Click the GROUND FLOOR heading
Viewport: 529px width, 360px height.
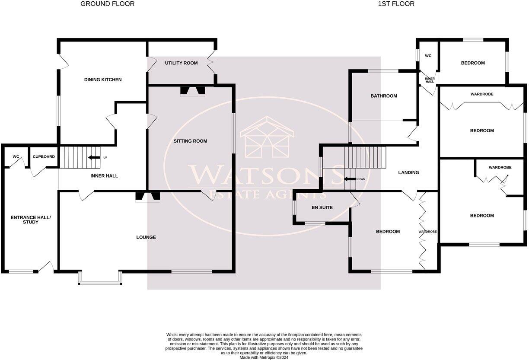coord(107,4)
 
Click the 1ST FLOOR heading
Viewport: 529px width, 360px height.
coord(396,4)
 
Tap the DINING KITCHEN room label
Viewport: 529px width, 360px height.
coord(102,80)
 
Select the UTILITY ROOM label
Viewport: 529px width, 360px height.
coord(181,63)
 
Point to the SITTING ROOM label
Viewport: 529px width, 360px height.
coord(190,141)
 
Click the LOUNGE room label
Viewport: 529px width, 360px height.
coord(146,237)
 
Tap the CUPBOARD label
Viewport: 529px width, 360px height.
coord(44,156)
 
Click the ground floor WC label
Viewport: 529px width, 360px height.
coord(16,156)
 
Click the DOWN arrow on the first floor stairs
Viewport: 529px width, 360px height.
coord(350,178)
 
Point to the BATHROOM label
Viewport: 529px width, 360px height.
coord(383,96)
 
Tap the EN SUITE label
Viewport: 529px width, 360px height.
coord(322,207)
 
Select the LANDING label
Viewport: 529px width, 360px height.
coord(408,172)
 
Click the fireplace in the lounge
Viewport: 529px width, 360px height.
coord(147,197)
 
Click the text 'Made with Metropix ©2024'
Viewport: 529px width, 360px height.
coord(264,357)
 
